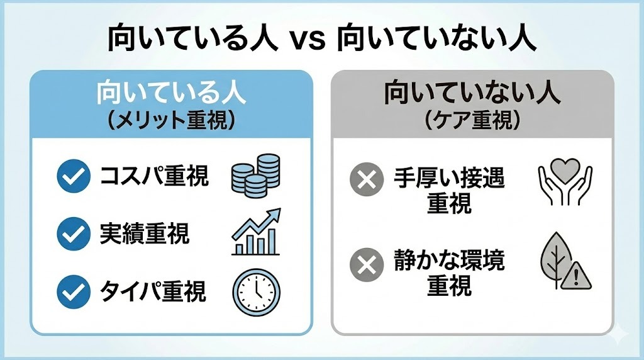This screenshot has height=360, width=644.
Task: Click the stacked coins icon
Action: (255, 176)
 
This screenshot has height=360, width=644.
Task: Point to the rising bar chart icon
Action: (255, 233)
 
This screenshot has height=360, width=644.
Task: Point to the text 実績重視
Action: (144, 234)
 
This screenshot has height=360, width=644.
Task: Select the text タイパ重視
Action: (153, 291)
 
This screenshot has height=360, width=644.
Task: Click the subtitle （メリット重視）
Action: (171, 120)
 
